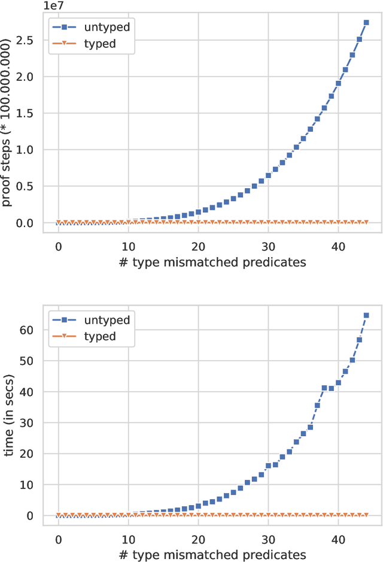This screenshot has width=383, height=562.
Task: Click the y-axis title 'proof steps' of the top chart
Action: point(7,123)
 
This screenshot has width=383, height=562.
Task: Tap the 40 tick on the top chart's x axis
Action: point(338,246)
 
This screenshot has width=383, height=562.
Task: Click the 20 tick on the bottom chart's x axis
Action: point(198,539)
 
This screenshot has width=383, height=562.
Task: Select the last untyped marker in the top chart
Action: point(366,22)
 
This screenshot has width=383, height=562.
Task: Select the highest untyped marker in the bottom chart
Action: point(366,315)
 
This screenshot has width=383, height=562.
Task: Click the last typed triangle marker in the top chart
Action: point(366,222)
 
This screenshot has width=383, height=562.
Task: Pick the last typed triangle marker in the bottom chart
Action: point(366,515)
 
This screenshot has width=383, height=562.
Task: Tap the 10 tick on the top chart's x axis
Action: point(128,246)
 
